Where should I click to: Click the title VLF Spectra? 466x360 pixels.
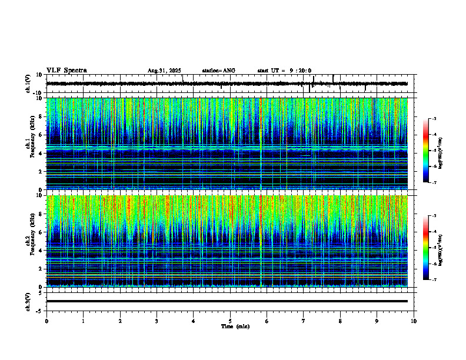[x=66, y=71]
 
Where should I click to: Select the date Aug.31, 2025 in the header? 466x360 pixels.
[x=164, y=71]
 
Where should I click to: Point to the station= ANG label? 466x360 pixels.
[x=218, y=71]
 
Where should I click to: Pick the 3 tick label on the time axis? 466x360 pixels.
[x=157, y=321]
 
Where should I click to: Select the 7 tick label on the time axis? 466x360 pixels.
[x=304, y=321]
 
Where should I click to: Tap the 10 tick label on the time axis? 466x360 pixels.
[x=414, y=321]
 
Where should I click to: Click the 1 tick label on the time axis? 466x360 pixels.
[x=83, y=321]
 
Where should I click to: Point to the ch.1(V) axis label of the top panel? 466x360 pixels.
[x=28, y=84]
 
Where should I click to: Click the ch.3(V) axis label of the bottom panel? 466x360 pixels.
[x=28, y=301]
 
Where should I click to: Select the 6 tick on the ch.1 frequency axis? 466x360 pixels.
[x=40, y=135]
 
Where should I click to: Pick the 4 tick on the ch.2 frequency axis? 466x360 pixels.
[x=40, y=251]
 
